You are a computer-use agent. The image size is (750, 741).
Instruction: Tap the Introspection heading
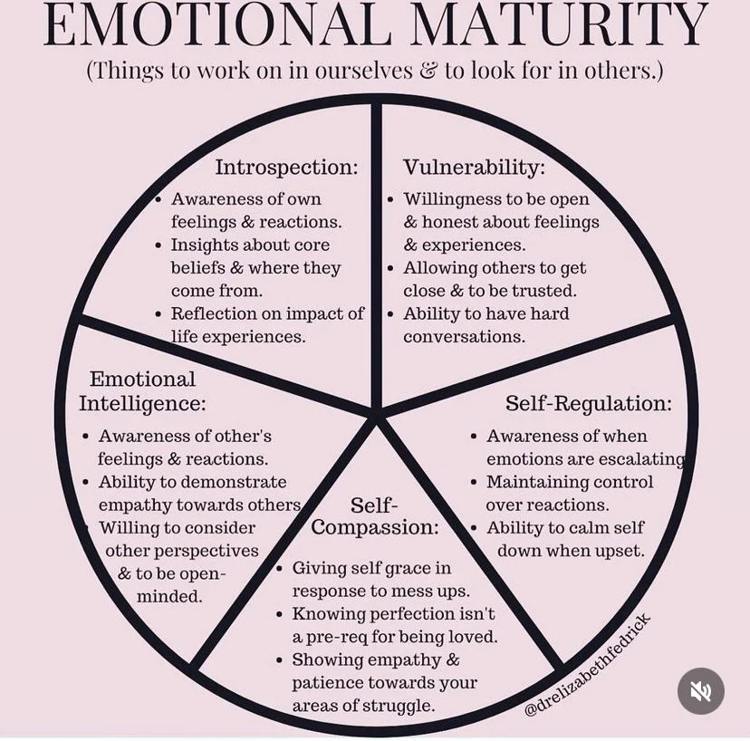click(286, 168)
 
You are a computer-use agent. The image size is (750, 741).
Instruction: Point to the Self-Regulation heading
click(589, 403)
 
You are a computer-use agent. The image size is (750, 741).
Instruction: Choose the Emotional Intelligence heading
click(142, 390)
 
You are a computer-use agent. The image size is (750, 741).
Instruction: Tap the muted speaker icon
click(701, 691)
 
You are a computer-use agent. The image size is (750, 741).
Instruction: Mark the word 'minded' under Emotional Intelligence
click(169, 597)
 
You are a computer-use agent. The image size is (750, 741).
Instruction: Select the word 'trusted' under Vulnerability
click(545, 292)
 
